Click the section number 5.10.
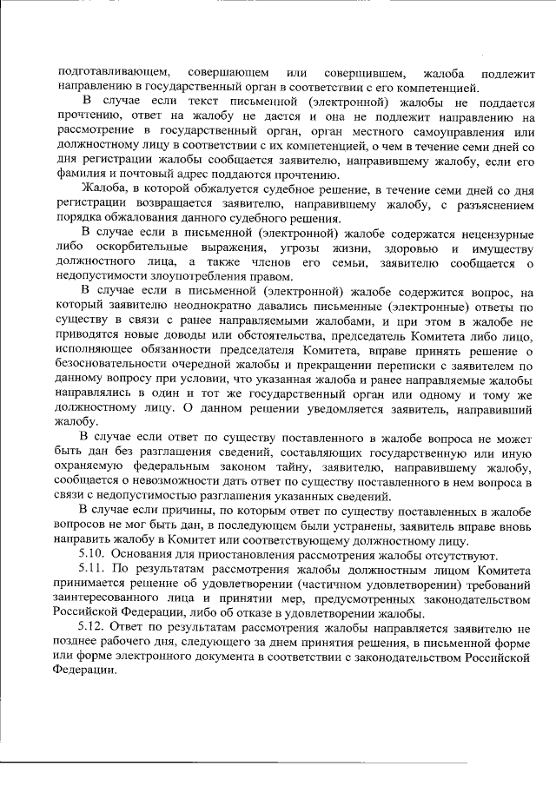[93, 555]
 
